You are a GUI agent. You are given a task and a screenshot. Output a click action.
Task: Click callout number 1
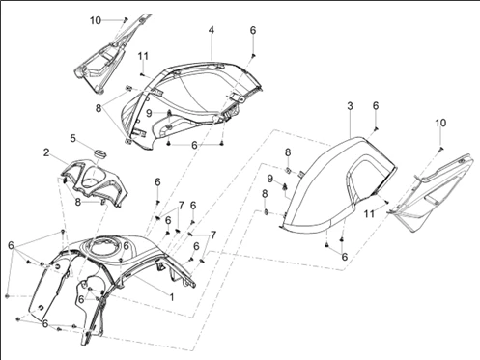(172, 297)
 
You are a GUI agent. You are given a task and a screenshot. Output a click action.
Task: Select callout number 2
(46, 152)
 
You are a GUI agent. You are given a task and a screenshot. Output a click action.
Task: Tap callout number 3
(350, 106)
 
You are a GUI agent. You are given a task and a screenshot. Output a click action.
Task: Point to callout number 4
(212, 30)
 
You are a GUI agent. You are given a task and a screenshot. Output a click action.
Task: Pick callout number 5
(73, 138)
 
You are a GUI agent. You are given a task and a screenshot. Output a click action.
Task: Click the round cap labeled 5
(99, 152)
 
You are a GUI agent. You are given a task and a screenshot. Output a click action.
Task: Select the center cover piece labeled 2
(95, 182)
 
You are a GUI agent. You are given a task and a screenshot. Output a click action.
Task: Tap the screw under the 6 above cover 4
(253, 56)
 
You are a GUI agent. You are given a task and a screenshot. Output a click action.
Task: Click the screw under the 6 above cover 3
(376, 129)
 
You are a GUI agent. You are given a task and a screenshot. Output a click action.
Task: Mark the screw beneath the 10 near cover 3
(440, 149)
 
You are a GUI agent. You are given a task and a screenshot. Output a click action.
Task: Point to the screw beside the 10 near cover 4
(126, 19)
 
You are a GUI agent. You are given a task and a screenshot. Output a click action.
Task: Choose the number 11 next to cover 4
(143, 56)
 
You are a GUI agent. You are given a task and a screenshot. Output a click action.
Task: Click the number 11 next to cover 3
(369, 213)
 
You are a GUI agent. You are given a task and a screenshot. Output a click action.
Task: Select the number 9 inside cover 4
(149, 113)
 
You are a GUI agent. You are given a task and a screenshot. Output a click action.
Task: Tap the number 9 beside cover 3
(270, 179)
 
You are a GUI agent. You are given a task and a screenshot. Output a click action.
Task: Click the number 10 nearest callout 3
(440, 123)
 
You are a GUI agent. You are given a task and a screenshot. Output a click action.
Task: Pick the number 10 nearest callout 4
(96, 20)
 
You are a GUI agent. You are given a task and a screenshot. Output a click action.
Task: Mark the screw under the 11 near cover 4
(142, 74)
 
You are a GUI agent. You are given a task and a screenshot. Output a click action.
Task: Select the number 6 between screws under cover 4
(194, 145)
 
